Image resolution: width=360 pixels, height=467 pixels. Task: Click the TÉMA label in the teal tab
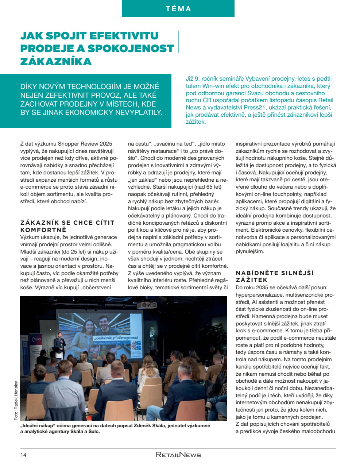coord(178,9)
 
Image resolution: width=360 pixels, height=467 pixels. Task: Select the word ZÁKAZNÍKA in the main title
coord(56,61)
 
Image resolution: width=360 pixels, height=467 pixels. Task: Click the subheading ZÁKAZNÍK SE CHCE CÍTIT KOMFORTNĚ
coord(67,226)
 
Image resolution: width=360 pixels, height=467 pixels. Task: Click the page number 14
coord(23,455)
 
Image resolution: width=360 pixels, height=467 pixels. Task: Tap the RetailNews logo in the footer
coord(178,455)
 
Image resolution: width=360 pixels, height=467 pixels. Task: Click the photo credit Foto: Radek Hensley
coord(16,400)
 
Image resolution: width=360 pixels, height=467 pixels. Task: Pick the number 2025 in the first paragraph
coord(105,144)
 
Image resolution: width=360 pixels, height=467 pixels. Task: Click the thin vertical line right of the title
coord(178,42)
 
